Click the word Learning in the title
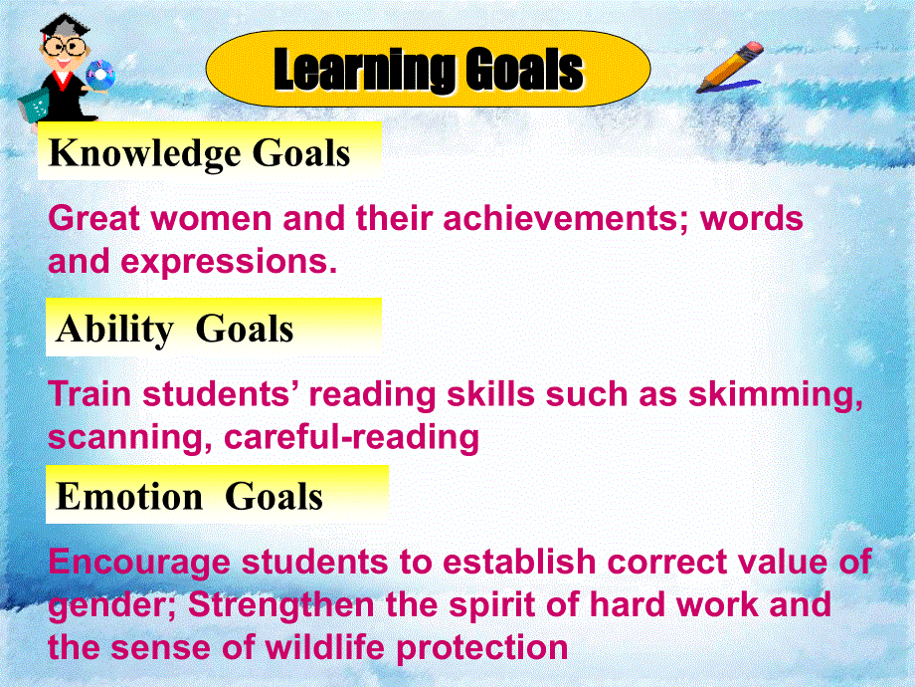click(364, 70)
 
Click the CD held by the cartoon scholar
click(99, 75)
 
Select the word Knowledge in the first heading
click(145, 153)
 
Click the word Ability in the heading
click(114, 330)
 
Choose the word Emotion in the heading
click(129, 497)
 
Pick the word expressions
click(229, 262)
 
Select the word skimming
click(776, 395)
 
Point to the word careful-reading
click(351, 438)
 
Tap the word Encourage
click(139, 563)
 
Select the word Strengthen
click(280, 604)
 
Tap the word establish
click(519, 562)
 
